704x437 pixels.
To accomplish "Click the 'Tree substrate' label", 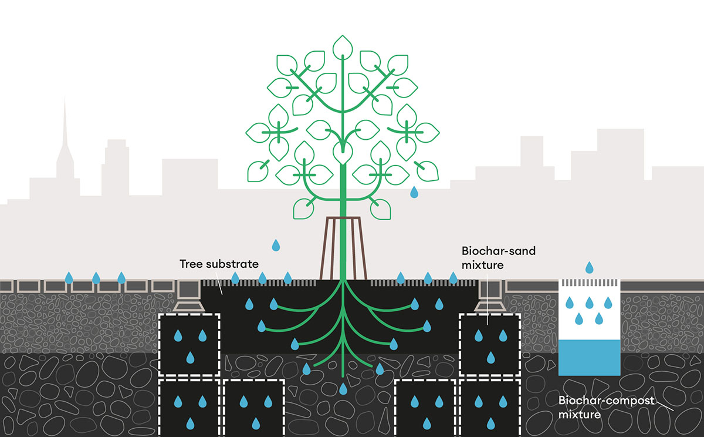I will (x=218, y=264).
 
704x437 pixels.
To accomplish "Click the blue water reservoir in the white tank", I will (x=589, y=357).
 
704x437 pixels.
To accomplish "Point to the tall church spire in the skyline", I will (x=65, y=135).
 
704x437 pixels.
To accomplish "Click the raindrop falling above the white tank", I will (x=590, y=268).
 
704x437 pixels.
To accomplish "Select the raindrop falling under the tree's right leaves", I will (x=414, y=191).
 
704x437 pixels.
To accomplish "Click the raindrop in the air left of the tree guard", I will (x=276, y=244).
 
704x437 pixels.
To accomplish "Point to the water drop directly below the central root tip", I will (x=343, y=388).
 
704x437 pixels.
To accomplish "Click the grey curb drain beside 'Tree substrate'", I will (x=189, y=294).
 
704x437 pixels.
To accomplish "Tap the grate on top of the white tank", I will (x=589, y=283).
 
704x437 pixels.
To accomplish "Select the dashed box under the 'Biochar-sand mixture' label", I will (x=489, y=344).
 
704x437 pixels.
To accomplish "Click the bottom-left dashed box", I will (x=189, y=408).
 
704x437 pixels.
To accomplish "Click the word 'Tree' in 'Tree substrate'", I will (x=191, y=264).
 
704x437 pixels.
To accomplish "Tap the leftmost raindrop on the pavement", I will (x=69, y=277).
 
